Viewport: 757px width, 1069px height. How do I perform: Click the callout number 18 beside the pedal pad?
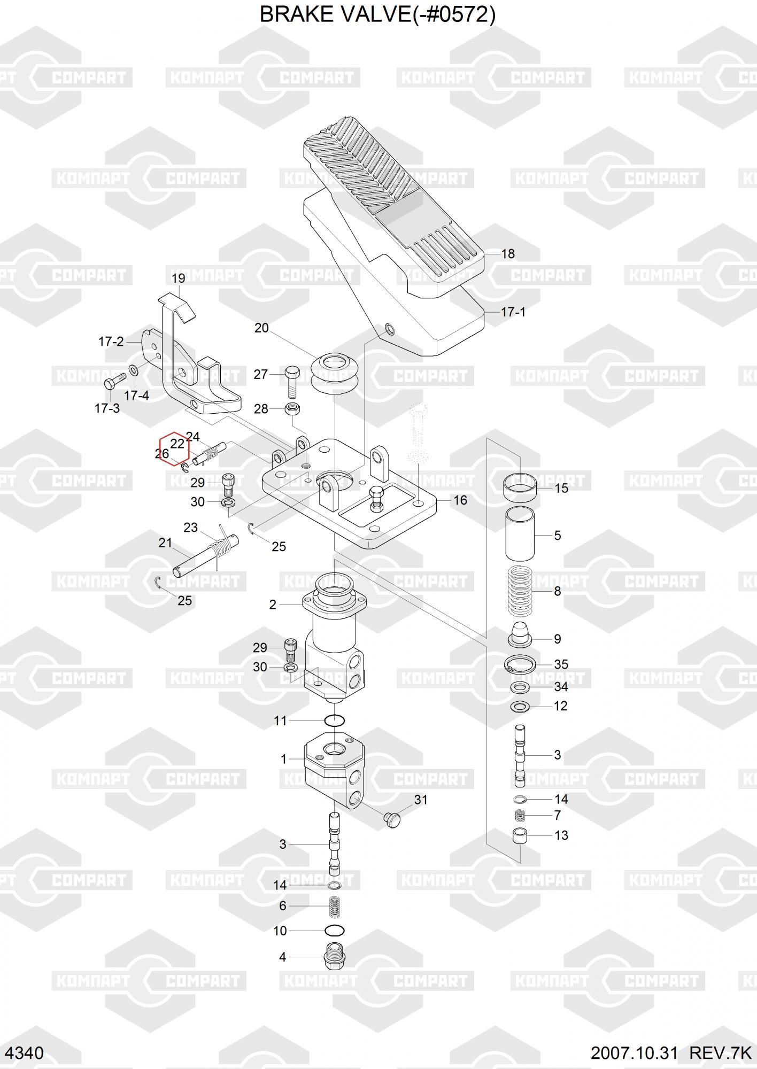[x=507, y=254]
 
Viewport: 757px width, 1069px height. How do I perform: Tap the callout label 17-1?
[x=513, y=312]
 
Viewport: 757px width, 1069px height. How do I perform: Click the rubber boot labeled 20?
[x=334, y=373]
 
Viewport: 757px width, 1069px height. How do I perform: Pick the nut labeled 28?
[x=292, y=409]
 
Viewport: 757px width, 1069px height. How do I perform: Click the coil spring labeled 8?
[x=520, y=591]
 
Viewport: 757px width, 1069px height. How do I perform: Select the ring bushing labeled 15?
[x=520, y=487]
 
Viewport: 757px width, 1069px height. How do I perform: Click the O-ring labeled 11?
[x=334, y=721]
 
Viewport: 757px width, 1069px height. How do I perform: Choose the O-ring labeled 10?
[x=334, y=931]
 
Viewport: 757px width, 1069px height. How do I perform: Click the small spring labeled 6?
[x=334, y=906]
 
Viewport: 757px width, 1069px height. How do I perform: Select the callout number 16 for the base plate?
[x=460, y=500]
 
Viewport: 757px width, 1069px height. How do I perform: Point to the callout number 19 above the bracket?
[x=178, y=278]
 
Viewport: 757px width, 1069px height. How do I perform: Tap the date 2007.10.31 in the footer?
[x=634, y=1053]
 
